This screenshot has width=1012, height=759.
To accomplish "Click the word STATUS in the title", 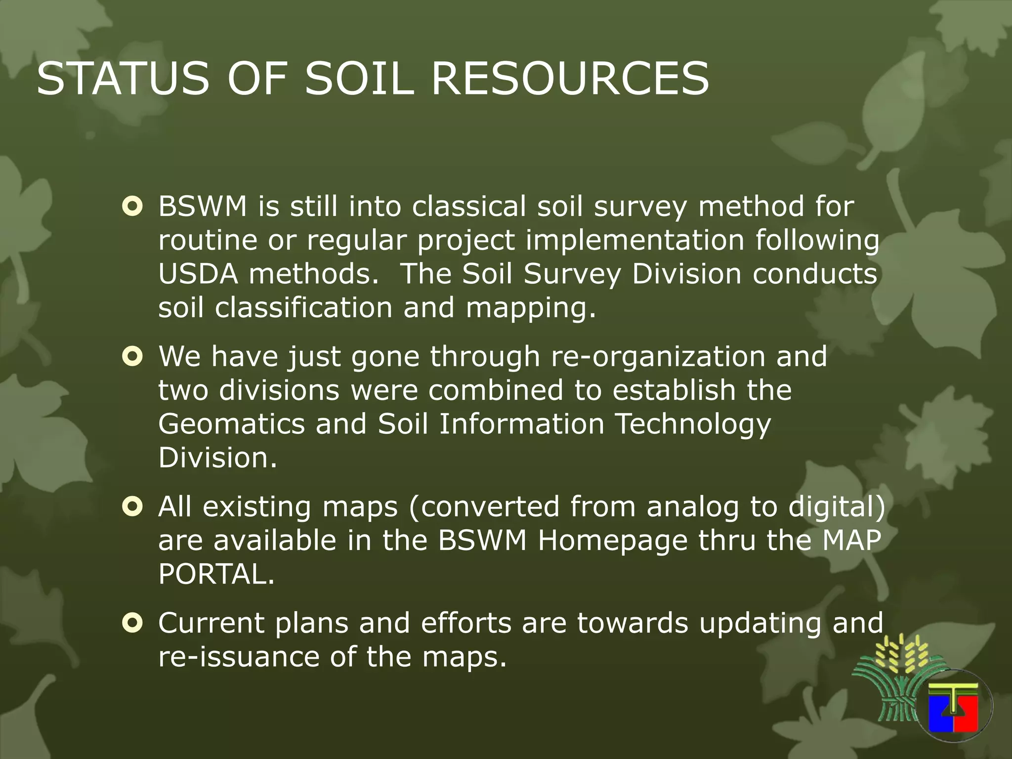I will tap(123, 79).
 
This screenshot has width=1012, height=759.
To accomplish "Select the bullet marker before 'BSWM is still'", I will tap(132, 208).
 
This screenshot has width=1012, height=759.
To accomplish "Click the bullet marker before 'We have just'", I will tap(132, 357).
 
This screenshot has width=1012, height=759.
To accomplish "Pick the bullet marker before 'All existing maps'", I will tap(132, 506).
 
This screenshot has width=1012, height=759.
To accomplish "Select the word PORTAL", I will tap(216, 574).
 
